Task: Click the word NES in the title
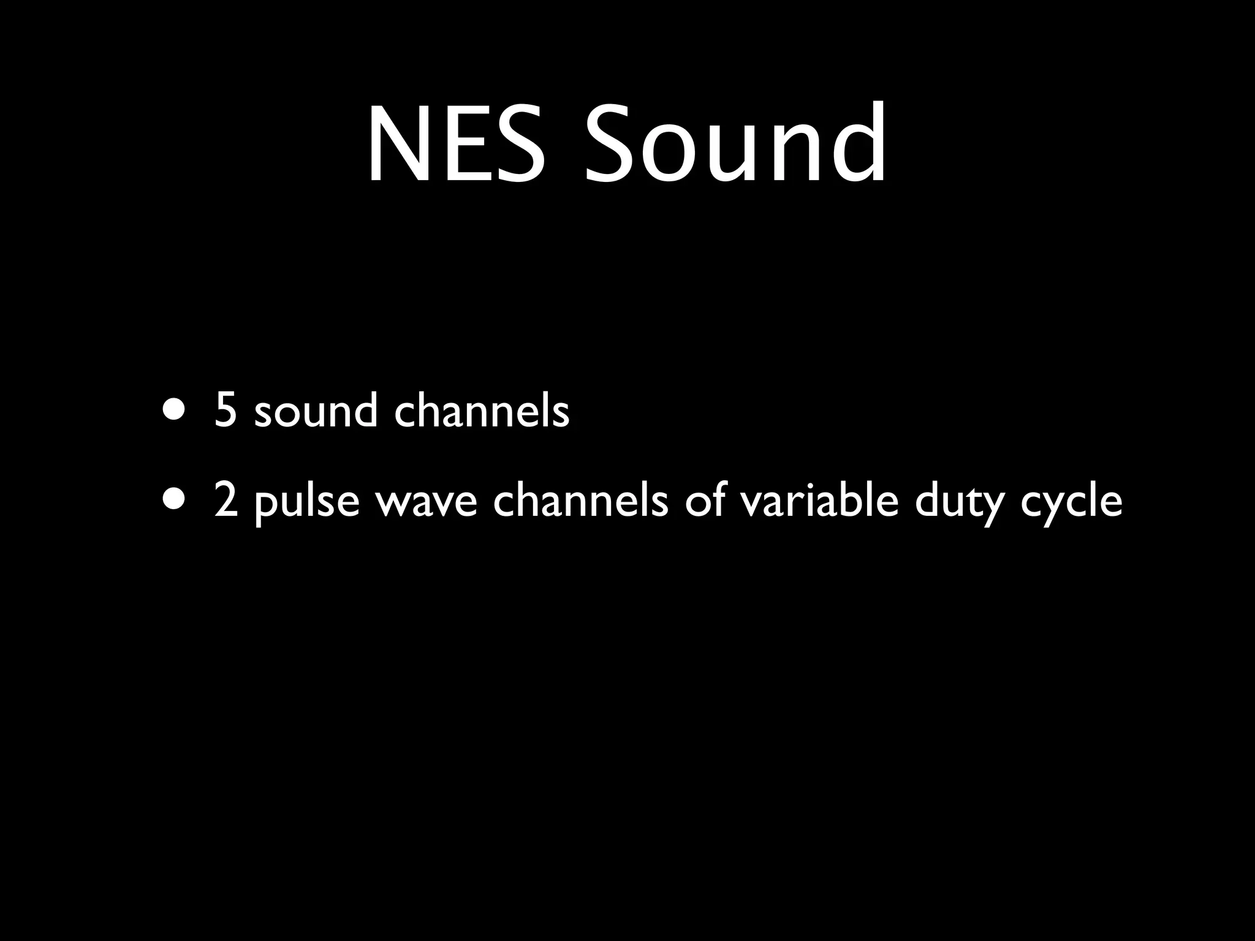457,145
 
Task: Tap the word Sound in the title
735,145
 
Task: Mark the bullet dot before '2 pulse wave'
172,499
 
